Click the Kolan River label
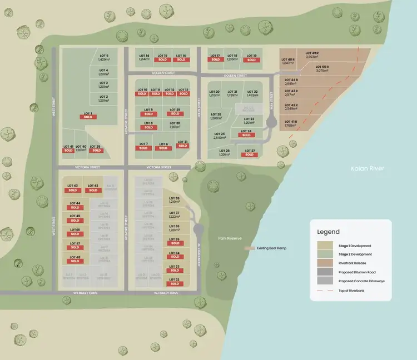368,168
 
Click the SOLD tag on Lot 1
87,117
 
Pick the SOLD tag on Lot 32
174,284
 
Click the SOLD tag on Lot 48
75,261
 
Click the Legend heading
328,232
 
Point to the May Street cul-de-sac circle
272,123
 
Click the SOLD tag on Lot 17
215,60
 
